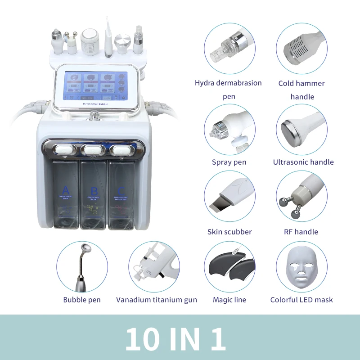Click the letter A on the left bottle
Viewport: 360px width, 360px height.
coord(66,189)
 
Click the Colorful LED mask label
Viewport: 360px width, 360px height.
coord(301,300)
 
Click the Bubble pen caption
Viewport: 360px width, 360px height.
coord(82,300)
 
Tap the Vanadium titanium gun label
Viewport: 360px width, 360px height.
coord(156,300)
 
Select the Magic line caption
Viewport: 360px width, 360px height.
coord(229,300)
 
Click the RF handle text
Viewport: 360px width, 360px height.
coord(301,232)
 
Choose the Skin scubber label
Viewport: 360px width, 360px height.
coord(229,232)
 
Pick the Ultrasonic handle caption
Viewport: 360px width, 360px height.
coord(303,162)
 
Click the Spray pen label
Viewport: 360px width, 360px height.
coord(229,162)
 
